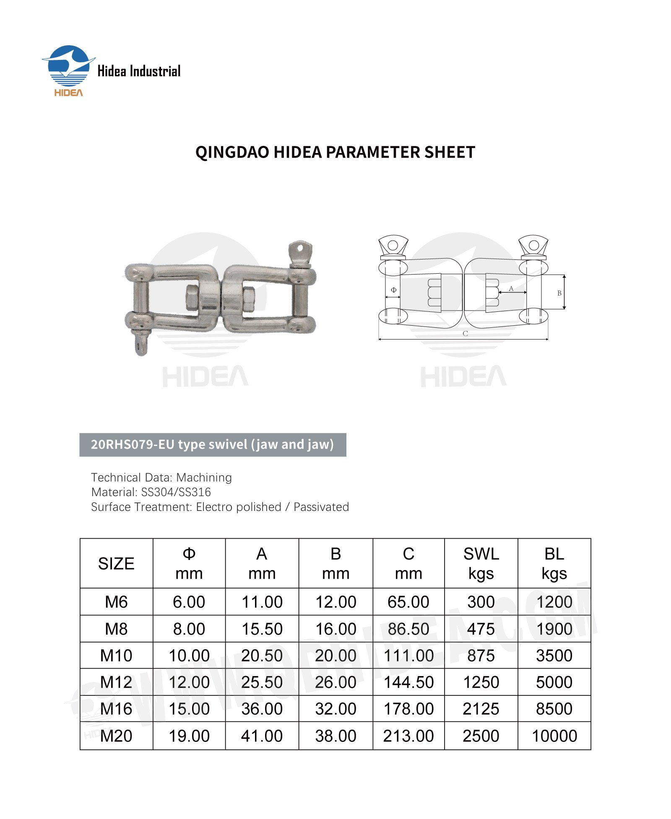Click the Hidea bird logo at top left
[69, 66]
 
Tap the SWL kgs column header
[481, 563]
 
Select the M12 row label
[116, 682]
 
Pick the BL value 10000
[554, 736]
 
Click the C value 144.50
[408, 682]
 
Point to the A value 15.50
[262, 629]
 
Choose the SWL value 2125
[481, 709]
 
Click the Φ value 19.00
[189, 736]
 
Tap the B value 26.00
[335, 682]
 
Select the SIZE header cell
[116, 564]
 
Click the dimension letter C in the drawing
[465, 334]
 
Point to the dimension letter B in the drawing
[559, 293]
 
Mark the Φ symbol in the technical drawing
[393, 290]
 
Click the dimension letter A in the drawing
[511, 288]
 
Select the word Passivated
[321, 507]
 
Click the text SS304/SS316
[176, 492]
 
